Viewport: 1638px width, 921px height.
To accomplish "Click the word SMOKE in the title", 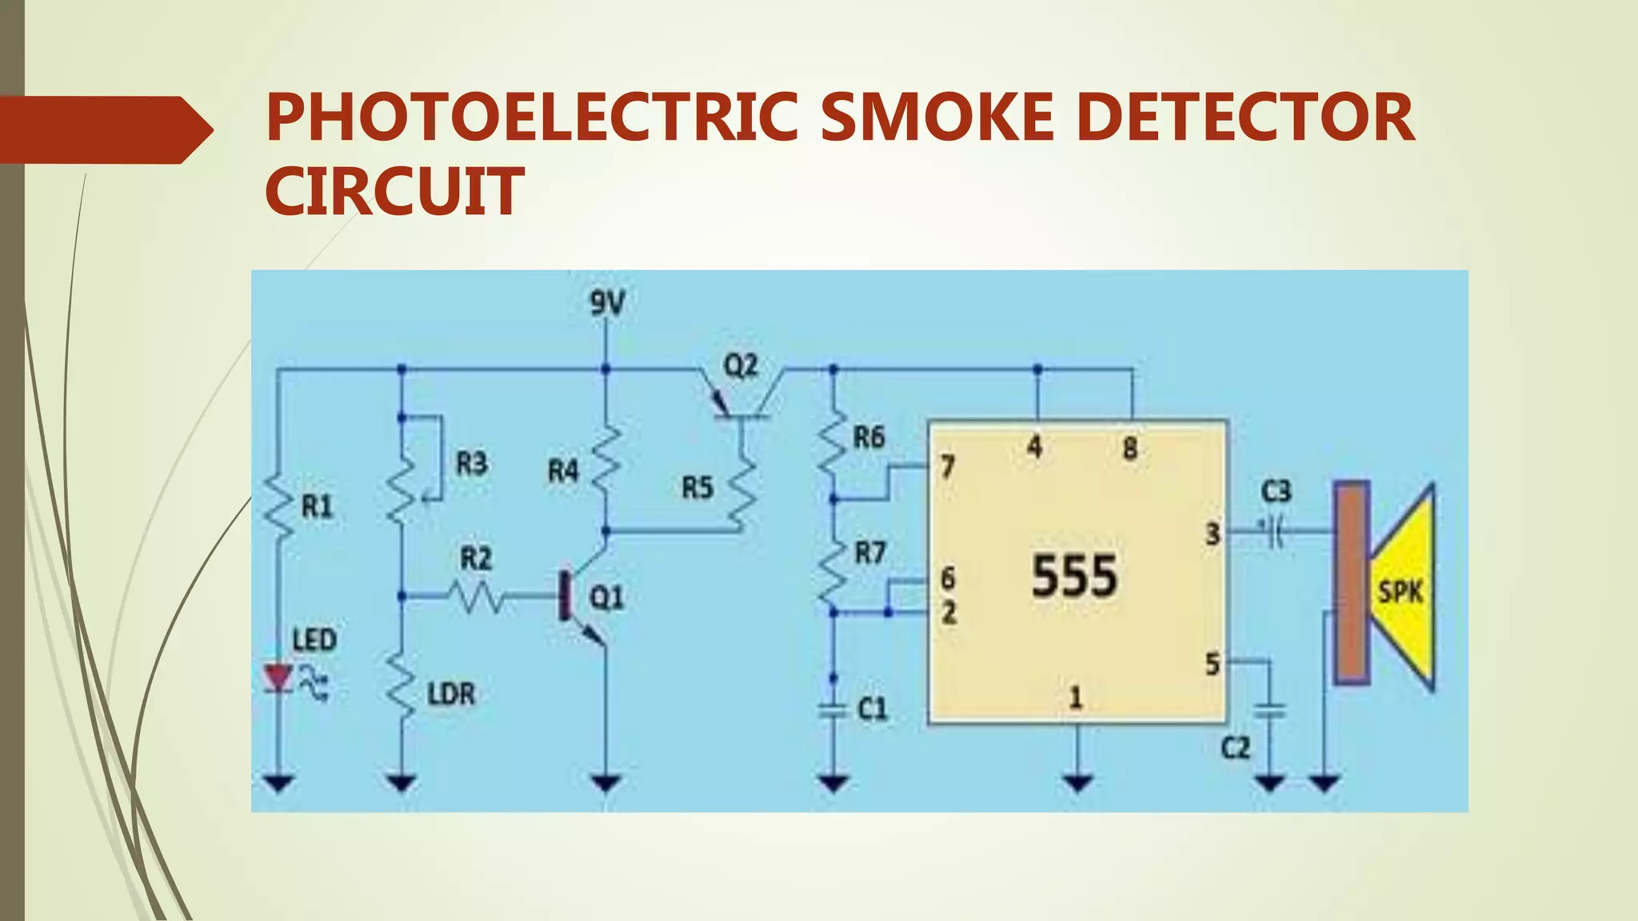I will click(x=937, y=118).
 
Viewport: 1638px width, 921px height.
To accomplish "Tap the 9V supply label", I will click(x=607, y=304).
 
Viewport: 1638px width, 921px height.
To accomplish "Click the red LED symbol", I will click(x=278, y=679).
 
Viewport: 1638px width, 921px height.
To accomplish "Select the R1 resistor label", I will click(x=317, y=506).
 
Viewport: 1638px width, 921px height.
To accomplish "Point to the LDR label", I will click(x=451, y=694).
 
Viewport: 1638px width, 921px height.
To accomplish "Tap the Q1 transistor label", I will click(x=606, y=597).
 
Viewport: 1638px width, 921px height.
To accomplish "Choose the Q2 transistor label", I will click(x=740, y=366).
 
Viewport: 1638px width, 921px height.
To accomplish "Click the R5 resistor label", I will click(x=697, y=488).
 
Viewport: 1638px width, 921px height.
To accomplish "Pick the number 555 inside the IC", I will click(x=1074, y=576).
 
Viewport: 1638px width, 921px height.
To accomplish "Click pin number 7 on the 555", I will click(x=948, y=466).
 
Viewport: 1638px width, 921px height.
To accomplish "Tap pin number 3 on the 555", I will click(x=1213, y=533).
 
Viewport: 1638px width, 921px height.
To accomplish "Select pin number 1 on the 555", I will click(x=1076, y=698).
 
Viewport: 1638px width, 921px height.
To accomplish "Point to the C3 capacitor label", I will click(x=1276, y=491).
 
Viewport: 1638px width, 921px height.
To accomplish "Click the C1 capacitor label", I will click(x=872, y=708).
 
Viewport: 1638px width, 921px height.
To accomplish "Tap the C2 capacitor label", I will click(x=1235, y=748).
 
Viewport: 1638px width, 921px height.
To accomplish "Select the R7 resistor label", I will click(x=870, y=552).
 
